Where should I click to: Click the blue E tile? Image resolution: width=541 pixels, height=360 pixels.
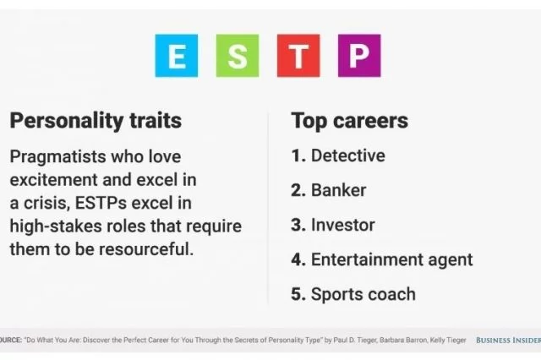pyautogui.click(x=177, y=56)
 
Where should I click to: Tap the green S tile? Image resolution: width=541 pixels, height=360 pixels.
pyautogui.click(x=238, y=56)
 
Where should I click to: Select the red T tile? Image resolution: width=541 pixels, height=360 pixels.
pyautogui.click(x=298, y=56)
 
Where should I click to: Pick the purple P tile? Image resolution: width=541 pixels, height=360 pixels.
pyautogui.click(x=359, y=56)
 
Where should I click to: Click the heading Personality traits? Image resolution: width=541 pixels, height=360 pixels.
pyautogui.click(x=96, y=121)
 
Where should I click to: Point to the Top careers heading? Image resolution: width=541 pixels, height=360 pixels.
pyautogui.click(x=349, y=121)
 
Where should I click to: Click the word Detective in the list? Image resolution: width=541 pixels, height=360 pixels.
pyautogui.click(x=348, y=155)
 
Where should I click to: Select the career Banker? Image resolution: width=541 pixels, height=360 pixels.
pyautogui.click(x=338, y=190)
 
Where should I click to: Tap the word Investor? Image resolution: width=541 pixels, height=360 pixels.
pyautogui.click(x=343, y=225)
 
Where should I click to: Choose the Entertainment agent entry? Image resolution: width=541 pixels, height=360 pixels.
pyautogui.click(x=392, y=260)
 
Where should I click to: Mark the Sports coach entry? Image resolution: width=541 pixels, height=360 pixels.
pyautogui.click(x=363, y=294)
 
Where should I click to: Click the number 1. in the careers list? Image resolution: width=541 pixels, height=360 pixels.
pyautogui.click(x=298, y=155)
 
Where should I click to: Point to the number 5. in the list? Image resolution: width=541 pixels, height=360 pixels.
pyautogui.click(x=298, y=294)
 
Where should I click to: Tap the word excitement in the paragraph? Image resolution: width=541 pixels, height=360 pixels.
pyautogui.click(x=54, y=180)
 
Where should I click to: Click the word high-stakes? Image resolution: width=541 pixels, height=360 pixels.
pyautogui.click(x=56, y=226)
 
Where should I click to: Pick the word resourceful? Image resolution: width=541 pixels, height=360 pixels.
pyautogui.click(x=146, y=249)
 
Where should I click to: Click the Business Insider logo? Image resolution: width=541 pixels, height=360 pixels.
pyautogui.click(x=508, y=341)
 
